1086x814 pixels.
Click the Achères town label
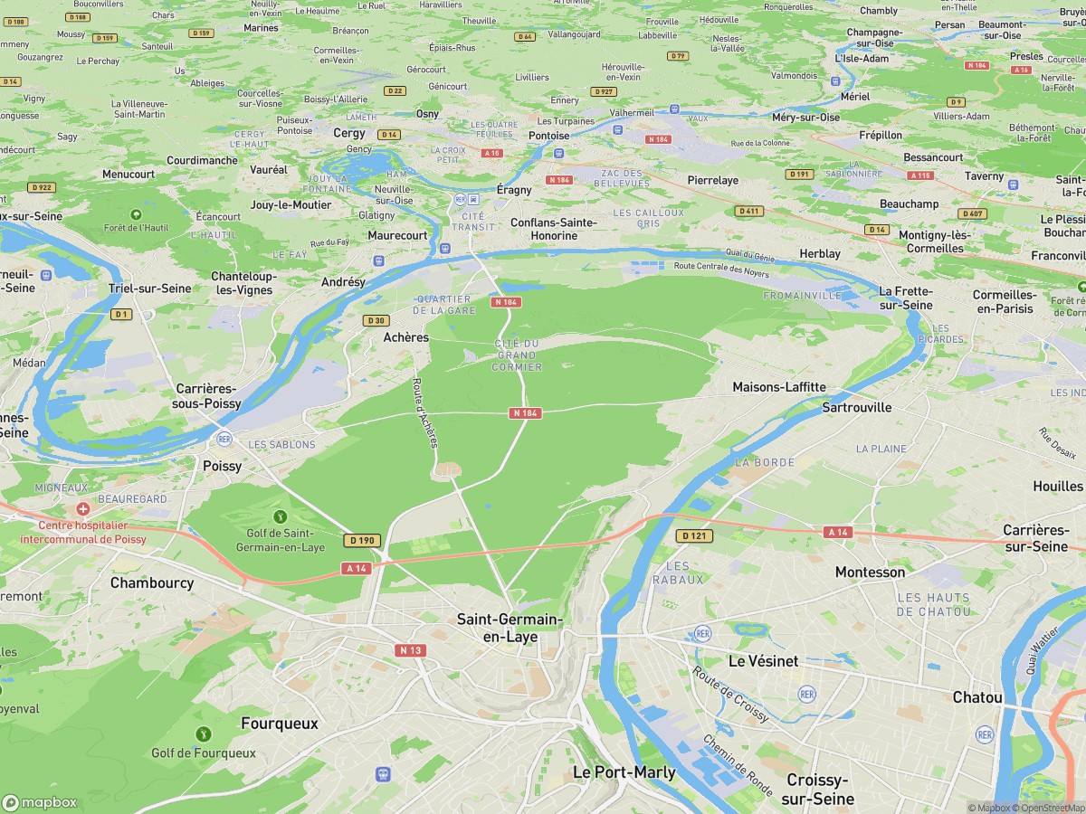point(405,337)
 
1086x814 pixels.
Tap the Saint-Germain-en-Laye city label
point(510,628)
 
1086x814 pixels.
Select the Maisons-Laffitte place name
point(778,387)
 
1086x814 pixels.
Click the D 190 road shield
point(362,540)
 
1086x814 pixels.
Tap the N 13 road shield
point(410,649)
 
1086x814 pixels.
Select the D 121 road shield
point(694,536)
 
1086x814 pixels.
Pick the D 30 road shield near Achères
point(376,320)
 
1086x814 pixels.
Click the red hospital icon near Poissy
point(83,510)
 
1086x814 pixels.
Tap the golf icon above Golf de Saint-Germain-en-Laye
point(281,516)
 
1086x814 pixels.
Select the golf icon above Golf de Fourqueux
point(204,734)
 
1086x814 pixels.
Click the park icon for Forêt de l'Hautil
point(136,214)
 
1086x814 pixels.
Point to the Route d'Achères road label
point(425,412)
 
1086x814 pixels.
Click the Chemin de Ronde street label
point(738,763)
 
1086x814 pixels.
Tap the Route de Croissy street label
point(730,695)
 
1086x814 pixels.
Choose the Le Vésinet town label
point(763,661)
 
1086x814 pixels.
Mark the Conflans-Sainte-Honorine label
point(554,229)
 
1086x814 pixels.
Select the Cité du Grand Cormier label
point(517,355)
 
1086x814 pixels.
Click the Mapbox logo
point(40,802)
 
